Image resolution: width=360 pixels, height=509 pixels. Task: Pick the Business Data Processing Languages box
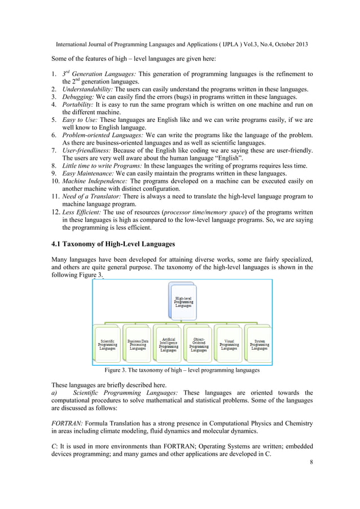coord(137,344)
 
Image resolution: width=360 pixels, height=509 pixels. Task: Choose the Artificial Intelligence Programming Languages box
coord(168,344)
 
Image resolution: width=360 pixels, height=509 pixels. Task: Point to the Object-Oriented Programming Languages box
coord(199,344)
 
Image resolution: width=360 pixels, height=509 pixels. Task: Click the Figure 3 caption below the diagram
coord(182,371)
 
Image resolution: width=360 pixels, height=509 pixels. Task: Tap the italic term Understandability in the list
coord(87,89)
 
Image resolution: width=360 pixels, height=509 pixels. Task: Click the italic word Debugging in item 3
coord(78,97)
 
